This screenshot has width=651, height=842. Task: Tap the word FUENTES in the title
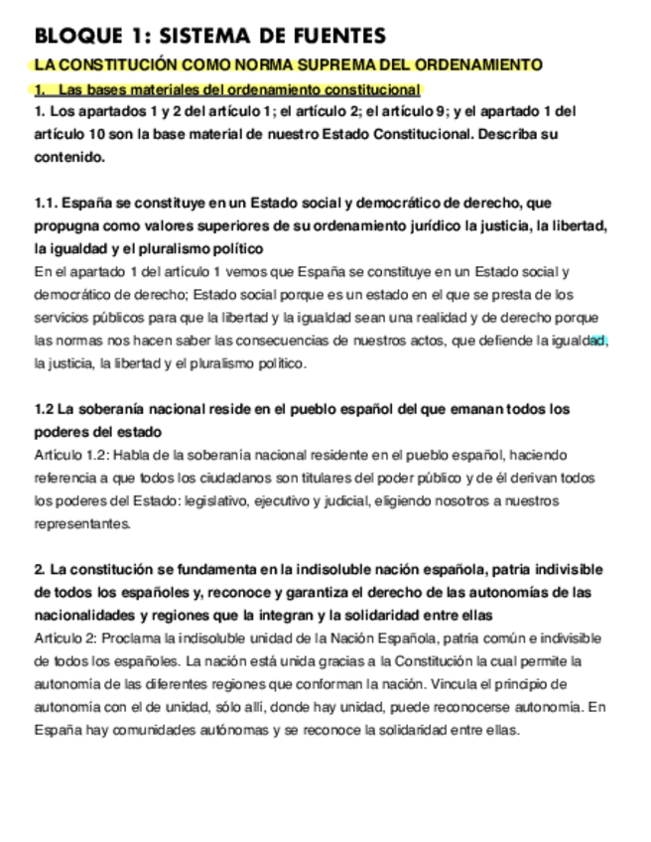click(332, 37)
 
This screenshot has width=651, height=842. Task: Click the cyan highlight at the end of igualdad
click(597, 341)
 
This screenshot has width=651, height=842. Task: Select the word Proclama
click(122, 638)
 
